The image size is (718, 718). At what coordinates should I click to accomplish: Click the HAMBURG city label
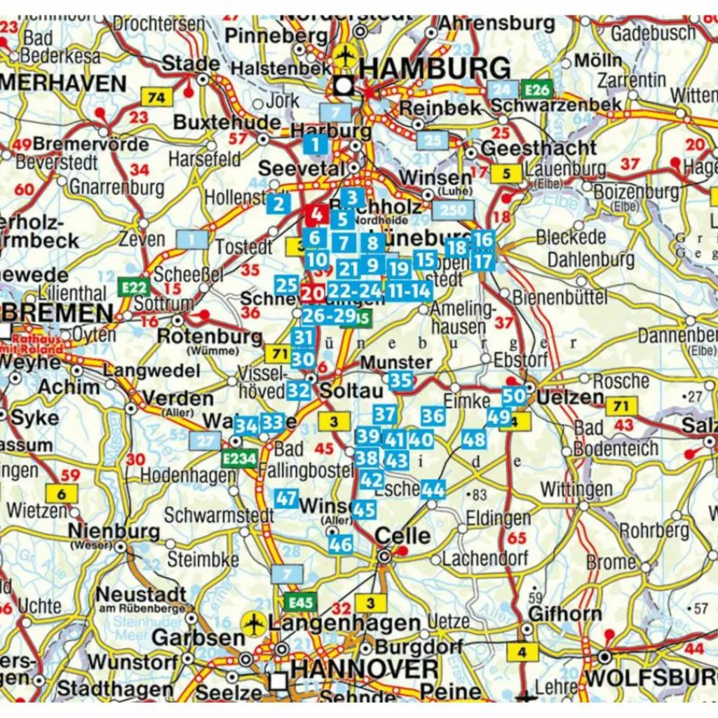(x=435, y=69)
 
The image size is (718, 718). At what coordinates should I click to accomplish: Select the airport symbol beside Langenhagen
(x=252, y=623)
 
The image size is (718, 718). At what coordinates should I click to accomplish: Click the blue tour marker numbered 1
(x=316, y=145)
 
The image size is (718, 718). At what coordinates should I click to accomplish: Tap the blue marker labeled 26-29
(x=329, y=316)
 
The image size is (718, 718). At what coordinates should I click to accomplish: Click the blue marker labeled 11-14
(x=410, y=291)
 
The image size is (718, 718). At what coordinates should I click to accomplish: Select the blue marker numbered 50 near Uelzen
(x=514, y=395)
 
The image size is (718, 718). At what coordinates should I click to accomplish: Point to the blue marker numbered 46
(x=340, y=543)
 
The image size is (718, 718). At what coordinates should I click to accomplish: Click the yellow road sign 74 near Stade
(x=156, y=97)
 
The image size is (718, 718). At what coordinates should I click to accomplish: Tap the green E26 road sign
(x=536, y=89)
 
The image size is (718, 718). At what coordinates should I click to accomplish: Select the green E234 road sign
(x=238, y=459)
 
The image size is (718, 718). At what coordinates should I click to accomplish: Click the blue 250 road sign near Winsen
(x=453, y=210)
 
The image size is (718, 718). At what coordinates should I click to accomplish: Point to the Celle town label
(x=402, y=536)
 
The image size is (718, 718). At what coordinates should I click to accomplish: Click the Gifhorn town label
(x=564, y=614)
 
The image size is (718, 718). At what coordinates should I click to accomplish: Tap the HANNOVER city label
(x=364, y=669)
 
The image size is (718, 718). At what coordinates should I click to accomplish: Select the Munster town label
(x=396, y=363)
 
